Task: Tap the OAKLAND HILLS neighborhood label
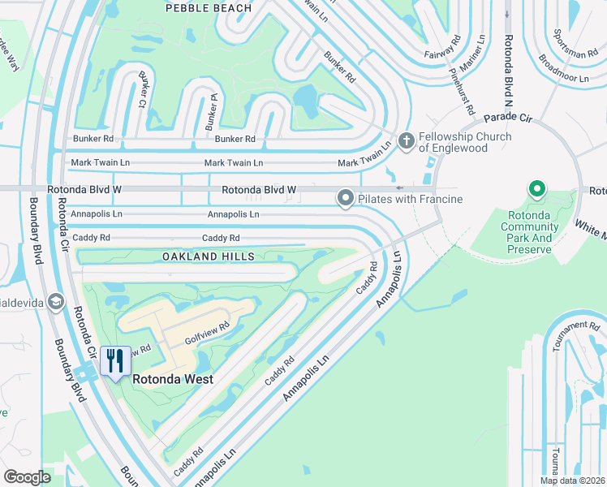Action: pos(209,256)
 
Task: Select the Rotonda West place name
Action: pos(173,379)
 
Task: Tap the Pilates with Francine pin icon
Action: pos(345,198)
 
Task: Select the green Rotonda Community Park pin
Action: pos(536,191)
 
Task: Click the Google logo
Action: pos(27,476)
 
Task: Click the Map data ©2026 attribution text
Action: pos(572,481)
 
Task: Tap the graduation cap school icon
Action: pos(55,303)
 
